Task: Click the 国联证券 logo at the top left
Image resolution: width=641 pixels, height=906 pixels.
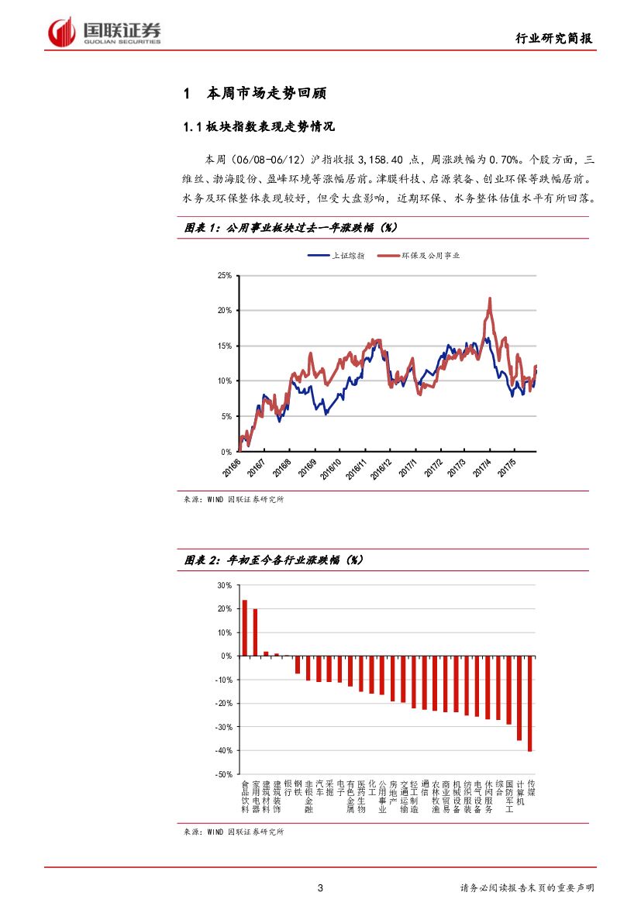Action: point(105,32)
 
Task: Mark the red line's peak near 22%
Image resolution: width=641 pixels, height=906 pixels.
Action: point(490,298)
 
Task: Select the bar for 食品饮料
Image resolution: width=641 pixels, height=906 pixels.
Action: point(245,628)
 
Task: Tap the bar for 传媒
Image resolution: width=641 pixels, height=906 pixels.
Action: point(530,703)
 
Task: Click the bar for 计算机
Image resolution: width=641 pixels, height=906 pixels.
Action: point(519,698)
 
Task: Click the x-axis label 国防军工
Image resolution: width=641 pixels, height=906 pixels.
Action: point(509,797)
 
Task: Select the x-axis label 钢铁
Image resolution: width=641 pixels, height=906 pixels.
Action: point(298,788)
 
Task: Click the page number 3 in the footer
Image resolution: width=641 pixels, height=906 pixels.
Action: point(320,887)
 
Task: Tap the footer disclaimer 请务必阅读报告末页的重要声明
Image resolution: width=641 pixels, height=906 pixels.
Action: point(527,887)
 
